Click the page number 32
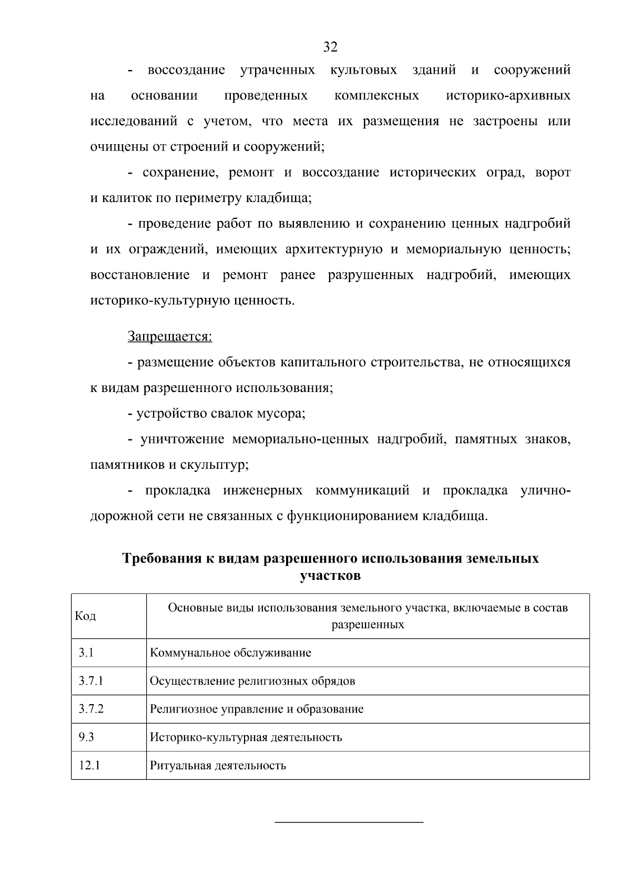pyautogui.click(x=330, y=47)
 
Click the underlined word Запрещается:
pyautogui.click(x=170, y=336)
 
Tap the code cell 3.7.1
pyautogui.click(x=91, y=681)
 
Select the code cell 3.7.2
pyautogui.click(x=91, y=709)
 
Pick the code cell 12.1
pyautogui.click(x=89, y=765)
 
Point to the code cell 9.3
pyautogui.click(x=86, y=737)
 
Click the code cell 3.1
pyautogui.click(x=86, y=653)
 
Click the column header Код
pyautogui.click(x=85, y=616)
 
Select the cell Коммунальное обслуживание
pyautogui.click(x=230, y=653)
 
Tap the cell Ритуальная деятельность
pyautogui.click(x=218, y=765)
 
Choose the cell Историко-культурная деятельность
pyautogui.click(x=246, y=737)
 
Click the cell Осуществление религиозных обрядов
pyautogui.click(x=252, y=681)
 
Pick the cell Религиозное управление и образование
pyautogui.click(x=257, y=709)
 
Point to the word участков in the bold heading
pyautogui.click(x=330, y=576)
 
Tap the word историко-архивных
pyautogui.click(x=508, y=96)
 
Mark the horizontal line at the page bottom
pyautogui.click(x=349, y=821)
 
